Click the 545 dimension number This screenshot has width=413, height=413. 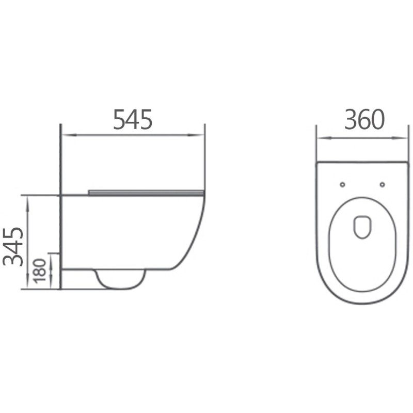133,120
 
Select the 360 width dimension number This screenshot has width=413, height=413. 365,120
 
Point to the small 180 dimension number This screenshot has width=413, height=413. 41,272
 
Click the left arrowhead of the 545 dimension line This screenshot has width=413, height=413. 65,136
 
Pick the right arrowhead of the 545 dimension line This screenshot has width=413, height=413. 201,136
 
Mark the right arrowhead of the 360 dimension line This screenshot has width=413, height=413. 405,138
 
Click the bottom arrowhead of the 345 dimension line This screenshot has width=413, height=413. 27,286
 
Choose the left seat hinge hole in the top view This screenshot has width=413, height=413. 342,184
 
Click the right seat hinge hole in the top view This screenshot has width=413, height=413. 382,184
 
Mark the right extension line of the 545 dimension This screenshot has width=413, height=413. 205,155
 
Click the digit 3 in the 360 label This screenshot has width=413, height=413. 351,120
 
